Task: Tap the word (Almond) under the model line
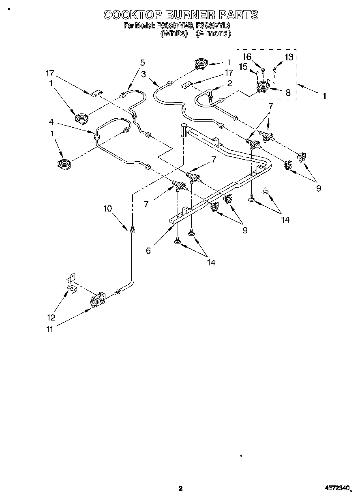(x=213, y=34)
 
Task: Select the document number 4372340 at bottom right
(x=336, y=489)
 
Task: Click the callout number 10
(x=107, y=209)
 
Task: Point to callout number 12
(x=51, y=317)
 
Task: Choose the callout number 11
(x=49, y=329)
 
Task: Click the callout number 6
(x=148, y=251)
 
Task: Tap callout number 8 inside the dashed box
(x=288, y=93)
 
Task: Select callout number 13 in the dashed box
(x=289, y=57)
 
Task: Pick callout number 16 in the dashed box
(x=247, y=57)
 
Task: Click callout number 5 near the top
(x=142, y=62)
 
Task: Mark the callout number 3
(x=144, y=74)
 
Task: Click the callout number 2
(x=229, y=83)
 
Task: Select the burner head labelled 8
(x=264, y=87)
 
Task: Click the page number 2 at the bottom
(x=180, y=489)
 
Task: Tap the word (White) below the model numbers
(x=174, y=34)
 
